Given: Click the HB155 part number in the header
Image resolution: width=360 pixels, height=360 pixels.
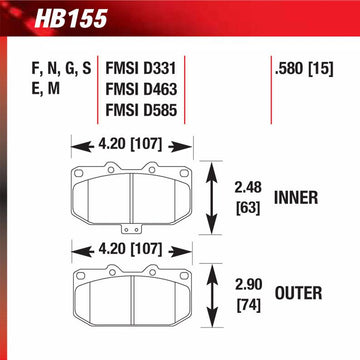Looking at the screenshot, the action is (x=71, y=18).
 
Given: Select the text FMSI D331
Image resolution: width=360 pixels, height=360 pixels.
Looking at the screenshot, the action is (x=140, y=69).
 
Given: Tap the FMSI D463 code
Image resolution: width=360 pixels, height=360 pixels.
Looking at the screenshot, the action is (x=141, y=89).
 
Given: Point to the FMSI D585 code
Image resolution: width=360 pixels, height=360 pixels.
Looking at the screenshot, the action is (x=141, y=110).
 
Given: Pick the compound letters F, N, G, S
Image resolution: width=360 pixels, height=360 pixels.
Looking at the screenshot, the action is (x=61, y=69).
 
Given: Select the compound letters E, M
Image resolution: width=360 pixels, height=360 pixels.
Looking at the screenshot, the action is (x=46, y=89).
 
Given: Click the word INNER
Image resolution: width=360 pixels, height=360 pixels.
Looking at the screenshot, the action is (x=296, y=198).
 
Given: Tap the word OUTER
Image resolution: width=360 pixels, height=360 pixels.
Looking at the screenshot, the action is (x=298, y=293).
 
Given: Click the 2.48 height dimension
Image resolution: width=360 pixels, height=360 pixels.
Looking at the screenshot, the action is (x=248, y=188).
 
